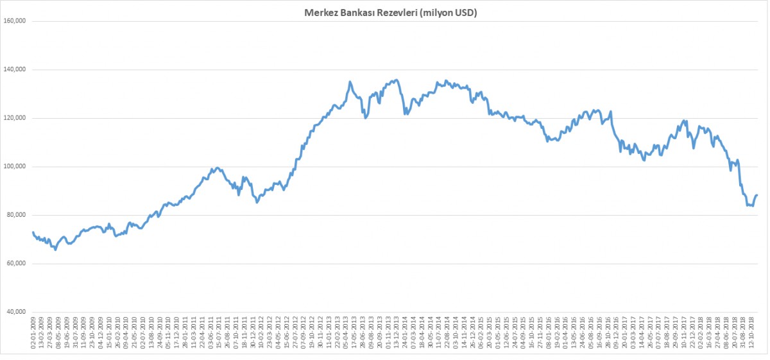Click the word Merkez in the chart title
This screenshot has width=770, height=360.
point(318,12)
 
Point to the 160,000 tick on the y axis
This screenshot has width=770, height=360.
point(14,21)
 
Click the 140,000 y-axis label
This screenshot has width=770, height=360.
point(14,69)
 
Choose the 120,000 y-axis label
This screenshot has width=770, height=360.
point(14,118)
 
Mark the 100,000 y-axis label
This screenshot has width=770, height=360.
point(14,167)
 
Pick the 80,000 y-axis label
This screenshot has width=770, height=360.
point(16,216)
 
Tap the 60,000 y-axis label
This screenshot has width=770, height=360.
point(16,264)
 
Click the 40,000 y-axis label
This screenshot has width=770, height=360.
point(16,313)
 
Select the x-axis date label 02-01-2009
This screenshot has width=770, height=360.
point(33,334)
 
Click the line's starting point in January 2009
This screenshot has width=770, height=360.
point(33,232)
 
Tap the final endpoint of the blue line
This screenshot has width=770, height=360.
point(757,195)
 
